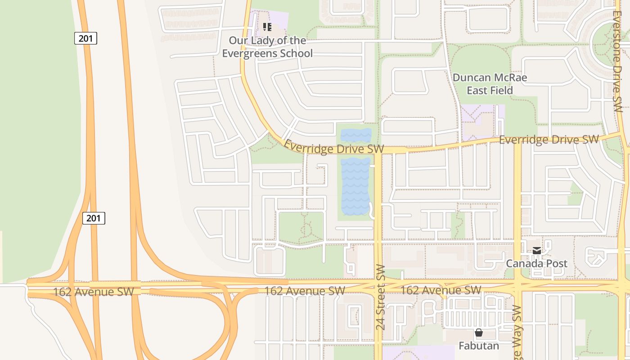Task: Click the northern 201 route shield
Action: point(85,39)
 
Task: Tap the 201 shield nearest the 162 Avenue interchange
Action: point(94,218)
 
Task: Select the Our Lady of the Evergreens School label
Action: point(267,47)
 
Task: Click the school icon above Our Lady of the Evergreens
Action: point(267,27)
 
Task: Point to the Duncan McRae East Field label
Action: point(490,84)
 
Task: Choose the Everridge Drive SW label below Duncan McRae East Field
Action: point(549,139)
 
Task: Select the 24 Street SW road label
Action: point(381,297)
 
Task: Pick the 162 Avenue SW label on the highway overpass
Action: point(94,292)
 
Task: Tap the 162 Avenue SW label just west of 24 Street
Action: point(304,291)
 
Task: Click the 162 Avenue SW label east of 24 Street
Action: point(441,290)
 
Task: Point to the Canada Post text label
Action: point(537,263)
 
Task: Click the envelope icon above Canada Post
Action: point(537,251)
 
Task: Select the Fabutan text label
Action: point(479,346)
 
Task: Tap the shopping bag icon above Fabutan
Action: point(479,333)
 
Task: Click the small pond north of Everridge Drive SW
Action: point(356,135)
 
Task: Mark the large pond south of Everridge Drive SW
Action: point(355,185)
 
